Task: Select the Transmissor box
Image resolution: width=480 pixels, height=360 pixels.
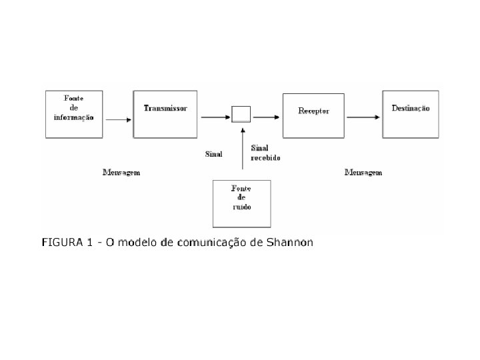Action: tap(165, 113)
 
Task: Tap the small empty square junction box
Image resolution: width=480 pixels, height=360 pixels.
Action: tap(241, 114)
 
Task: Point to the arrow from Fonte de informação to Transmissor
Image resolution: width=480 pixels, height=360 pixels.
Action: tap(119, 119)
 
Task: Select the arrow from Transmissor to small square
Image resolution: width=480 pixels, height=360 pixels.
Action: tap(213, 117)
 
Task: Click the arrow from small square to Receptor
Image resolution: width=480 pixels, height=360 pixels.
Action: tap(265, 117)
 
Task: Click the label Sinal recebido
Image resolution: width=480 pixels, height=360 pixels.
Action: tap(265, 153)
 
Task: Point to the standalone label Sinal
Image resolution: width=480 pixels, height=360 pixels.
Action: tap(213, 154)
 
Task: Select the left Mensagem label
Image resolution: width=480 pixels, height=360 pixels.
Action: tap(121, 172)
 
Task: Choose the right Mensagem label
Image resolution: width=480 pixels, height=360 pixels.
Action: tap(363, 172)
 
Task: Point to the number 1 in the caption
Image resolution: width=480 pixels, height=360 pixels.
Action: tap(89, 241)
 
